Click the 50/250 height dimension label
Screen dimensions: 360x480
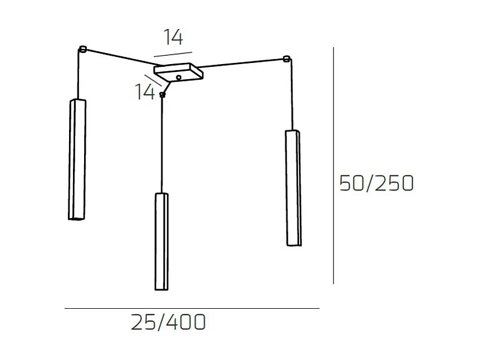tap(376, 183)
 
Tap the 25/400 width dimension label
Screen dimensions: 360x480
tap(168, 322)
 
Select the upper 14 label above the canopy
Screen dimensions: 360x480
tap(173, 37)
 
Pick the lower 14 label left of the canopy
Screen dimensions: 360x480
tap(145, 91)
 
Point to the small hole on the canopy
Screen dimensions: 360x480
tap(179, 77)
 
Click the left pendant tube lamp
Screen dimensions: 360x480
tap(77, 159)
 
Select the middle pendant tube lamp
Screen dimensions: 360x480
tap(161, 241)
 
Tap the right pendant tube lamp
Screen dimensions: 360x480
tap(293, 188)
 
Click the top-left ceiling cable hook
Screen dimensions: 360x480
tap(82, 49)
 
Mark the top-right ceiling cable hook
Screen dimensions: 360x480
tap(286, 59)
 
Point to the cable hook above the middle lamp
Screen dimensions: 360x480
tap(162, 95)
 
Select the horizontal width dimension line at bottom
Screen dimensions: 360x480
tap(192, 308)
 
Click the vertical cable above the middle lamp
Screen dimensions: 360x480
tap(162, 145)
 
